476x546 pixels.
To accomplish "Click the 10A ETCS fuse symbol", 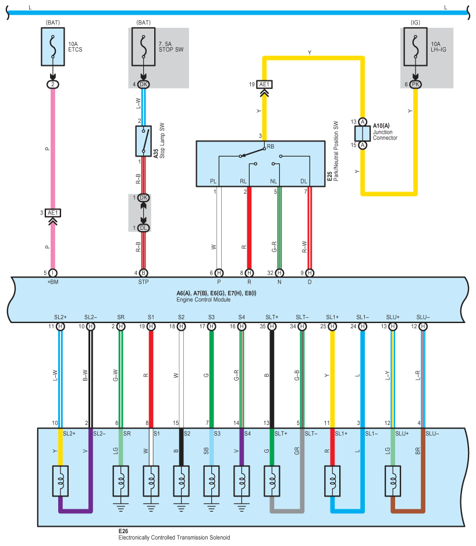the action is [x=52, y=47].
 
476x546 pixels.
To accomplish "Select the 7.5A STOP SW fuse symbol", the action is [x=143, y=47].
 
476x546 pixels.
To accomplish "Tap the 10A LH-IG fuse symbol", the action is [x=415, y=47].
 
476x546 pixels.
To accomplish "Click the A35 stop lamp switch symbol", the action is [x=144, y=141].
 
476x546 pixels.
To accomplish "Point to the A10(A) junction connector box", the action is [x=363, y=133].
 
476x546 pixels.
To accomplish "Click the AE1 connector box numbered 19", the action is [x=264, y=84].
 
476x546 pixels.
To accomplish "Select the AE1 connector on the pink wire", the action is [x=53, y=213].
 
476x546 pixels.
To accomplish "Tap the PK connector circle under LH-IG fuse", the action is [x=415, y=84].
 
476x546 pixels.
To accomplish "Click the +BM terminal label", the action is [x=53, y=282].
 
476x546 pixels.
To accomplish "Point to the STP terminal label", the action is [x=144, y=282].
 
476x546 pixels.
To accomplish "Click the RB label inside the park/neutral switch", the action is [x=271, y=147].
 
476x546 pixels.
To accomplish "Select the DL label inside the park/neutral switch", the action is [x=304, y=182].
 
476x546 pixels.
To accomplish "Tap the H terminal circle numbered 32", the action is [x=279, y=273].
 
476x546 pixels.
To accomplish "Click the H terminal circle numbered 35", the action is [x=272, y=327].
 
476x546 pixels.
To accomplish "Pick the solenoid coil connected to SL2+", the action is [x=61, y=481].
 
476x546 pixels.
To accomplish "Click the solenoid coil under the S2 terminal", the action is [x=181, y=481].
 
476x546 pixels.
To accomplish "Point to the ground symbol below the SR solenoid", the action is [x=120, y=507].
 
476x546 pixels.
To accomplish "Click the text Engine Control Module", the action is [x=203, y=300].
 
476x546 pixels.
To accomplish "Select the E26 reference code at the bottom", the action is [x=123, y=531].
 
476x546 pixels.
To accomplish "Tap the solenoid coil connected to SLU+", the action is [x=393, y=481].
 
